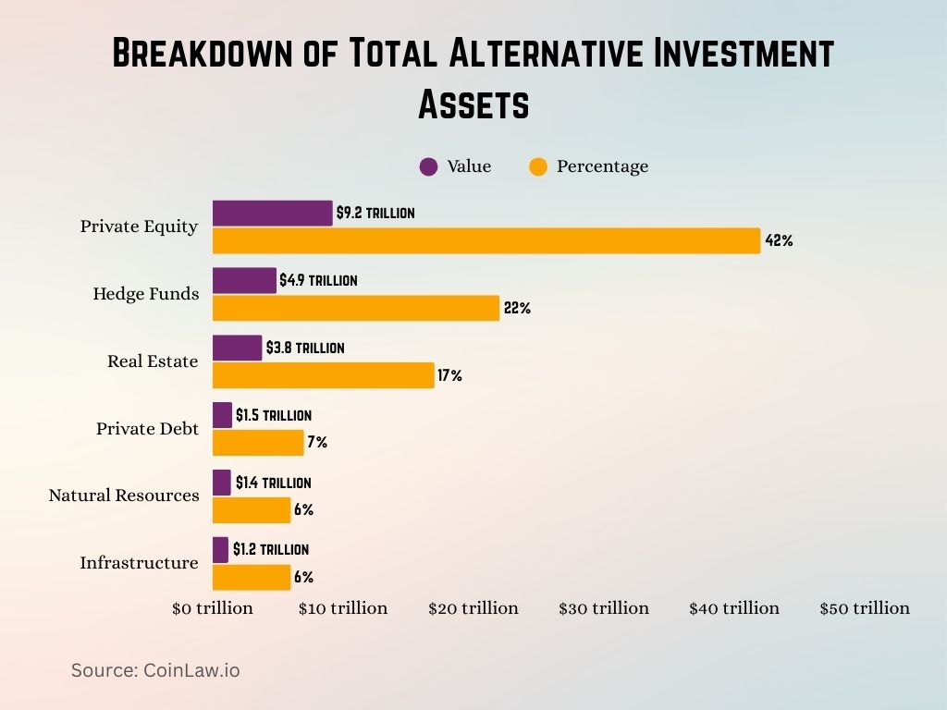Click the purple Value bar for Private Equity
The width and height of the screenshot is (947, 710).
272,213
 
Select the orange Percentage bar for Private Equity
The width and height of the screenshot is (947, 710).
486,240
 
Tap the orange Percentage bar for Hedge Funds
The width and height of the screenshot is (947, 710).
356,308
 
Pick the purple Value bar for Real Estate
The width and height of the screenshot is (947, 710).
238,348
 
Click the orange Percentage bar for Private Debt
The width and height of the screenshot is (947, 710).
258,443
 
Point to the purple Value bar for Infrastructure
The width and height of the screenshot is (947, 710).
221,549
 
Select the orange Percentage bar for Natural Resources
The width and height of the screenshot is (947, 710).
252,510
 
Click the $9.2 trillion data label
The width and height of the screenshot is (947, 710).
375,213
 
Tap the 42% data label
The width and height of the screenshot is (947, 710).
779,241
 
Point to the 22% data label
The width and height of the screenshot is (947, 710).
517,309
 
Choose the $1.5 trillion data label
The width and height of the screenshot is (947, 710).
274,416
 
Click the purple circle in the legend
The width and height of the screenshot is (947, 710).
428,166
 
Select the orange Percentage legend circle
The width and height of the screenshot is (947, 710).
538,166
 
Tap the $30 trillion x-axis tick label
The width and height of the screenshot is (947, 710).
604,608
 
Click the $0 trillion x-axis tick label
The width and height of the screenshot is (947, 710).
213,608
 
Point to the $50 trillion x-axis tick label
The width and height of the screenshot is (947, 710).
865,608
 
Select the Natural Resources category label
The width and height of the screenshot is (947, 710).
124,496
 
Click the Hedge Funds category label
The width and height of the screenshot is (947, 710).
146,294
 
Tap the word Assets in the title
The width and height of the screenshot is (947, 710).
473,104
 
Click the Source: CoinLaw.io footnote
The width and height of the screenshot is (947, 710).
155,670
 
